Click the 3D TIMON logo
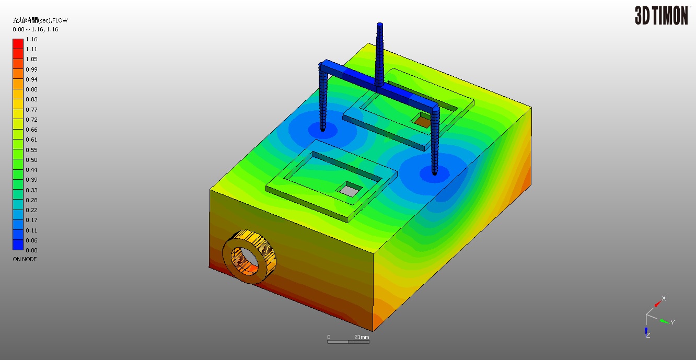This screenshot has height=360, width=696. click(x=661, y=15)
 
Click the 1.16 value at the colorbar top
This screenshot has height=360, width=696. click(x=31, y=39)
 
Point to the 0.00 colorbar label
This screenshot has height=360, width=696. click(x=31, y=250)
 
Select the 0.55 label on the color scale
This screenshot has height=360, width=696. click(x=31, y=150)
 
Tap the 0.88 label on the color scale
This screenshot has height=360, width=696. click(x=31, y=89)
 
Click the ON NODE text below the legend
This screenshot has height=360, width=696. click(x=25, y=259)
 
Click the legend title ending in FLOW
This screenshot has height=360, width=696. click(x=40, y=20)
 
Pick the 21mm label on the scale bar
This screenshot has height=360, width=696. click(x=362, y=337)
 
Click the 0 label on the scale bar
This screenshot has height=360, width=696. click(x=329, y=337)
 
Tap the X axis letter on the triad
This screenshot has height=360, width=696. click(x=664, y=298)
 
